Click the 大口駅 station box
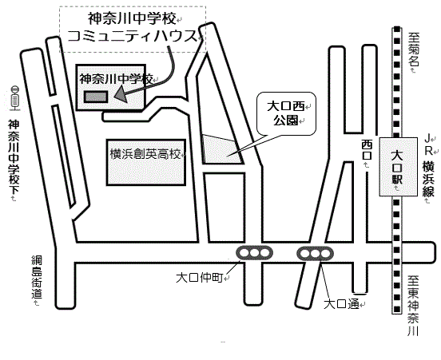(398, 166)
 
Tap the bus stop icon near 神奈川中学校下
(15, 97)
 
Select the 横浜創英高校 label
(145, 154)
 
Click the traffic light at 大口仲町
(254, 253)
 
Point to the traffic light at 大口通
(315, 254)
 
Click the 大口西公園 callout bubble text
(285, 113)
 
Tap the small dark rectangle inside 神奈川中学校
(96, 97)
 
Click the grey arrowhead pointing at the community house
(121, 94)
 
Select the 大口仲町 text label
(199, 278)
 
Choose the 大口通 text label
(341, 304)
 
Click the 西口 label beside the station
(367, 150)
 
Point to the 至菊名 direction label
(414, 49)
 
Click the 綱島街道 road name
(37, 277)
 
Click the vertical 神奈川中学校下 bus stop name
(14, 156)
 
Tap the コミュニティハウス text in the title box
(132, 36)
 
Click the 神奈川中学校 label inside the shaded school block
(116, 79)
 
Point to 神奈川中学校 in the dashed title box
(132, 18)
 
